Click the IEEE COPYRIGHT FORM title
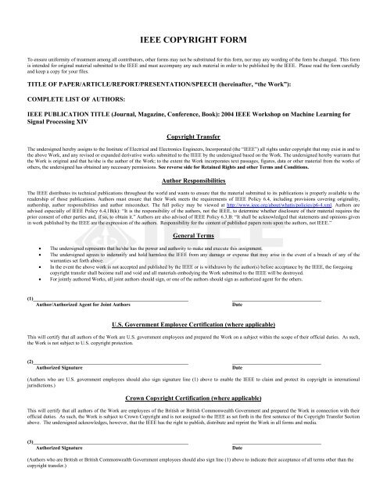tap(192, 37)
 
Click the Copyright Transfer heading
tap(193, 135)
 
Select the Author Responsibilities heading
tap(193, 180)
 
